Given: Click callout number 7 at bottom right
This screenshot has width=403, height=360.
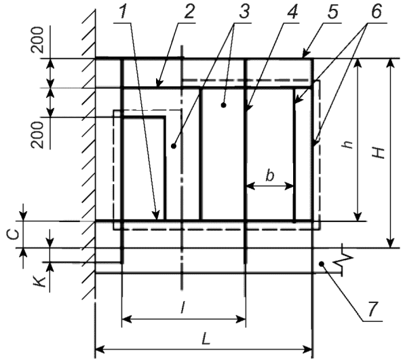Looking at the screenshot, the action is (x=372, y=309).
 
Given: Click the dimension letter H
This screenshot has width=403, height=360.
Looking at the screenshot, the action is (x=379, y=154).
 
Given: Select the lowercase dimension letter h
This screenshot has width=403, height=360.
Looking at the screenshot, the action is (x=348, y=145).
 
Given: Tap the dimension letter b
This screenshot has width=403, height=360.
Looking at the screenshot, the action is (x=269, y=176).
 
